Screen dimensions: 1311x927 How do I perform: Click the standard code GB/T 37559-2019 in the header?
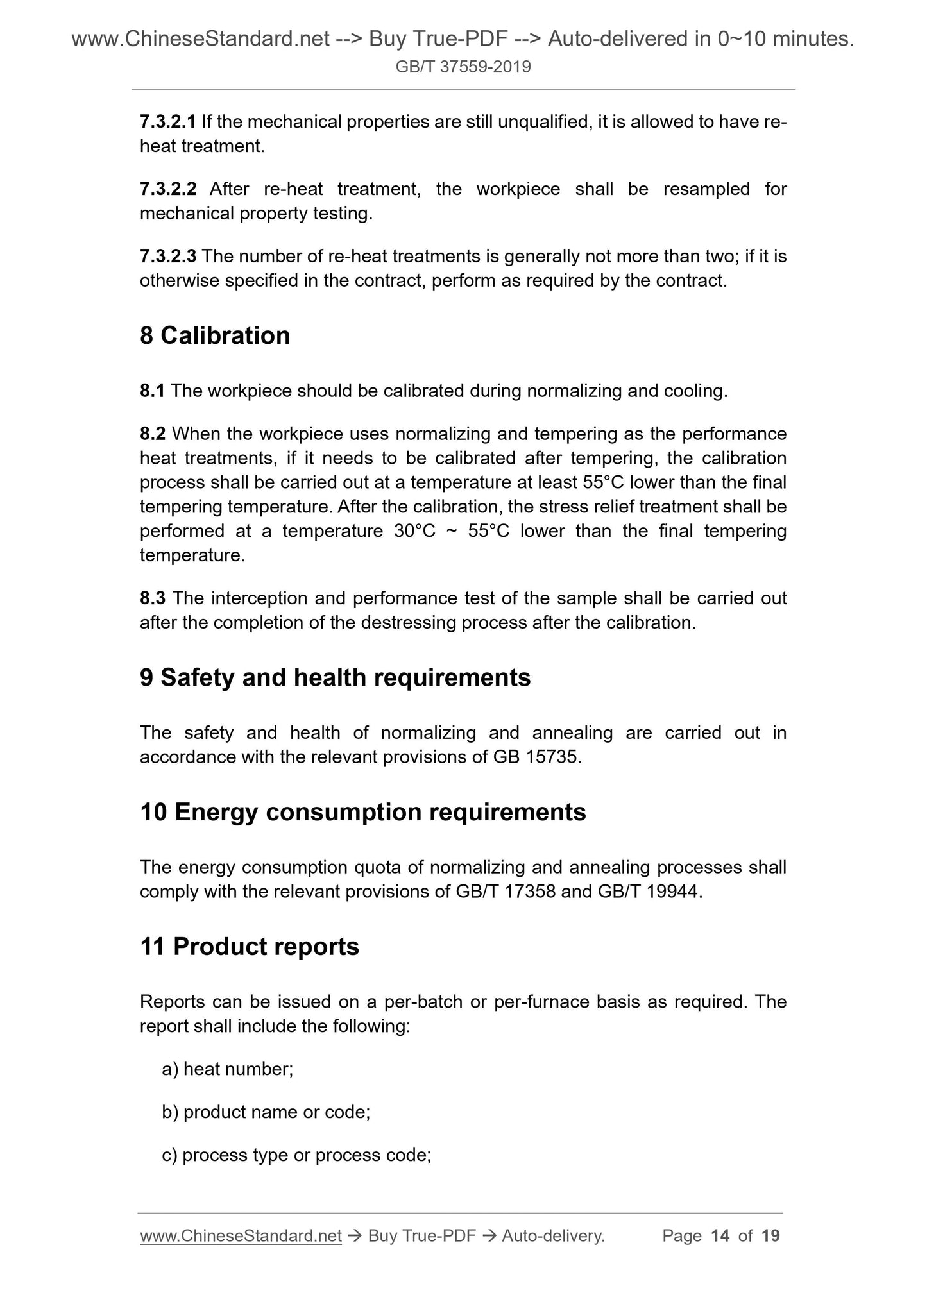[x=463, y=67]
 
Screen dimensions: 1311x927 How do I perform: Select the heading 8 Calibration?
[x=215, y=335]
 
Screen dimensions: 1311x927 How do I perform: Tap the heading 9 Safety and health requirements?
[x=335, y=677]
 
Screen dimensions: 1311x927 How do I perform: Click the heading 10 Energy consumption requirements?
[x=362, y=812]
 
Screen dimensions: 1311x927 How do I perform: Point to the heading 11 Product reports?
[x=249, y=947]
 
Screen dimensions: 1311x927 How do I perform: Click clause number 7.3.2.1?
[x=167, y=122]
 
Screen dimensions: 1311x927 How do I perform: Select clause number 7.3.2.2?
[x=167, y=189]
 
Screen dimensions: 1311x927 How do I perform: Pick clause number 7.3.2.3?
[x=167, y=257]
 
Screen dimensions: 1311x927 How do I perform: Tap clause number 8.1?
[x=153, y=391]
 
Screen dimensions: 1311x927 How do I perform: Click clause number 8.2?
[x=153, y=434]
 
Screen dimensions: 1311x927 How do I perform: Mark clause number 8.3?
[x=153, y=598]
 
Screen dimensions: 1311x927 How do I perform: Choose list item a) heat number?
[x=228, y=1069]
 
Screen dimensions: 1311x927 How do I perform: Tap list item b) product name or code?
[x=266, y=1112]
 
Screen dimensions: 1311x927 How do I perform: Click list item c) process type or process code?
[x=296, y=1155]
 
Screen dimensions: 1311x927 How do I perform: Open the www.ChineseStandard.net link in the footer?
[x=241, y=1236]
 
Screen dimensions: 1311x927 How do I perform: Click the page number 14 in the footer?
[x=720, y=1236]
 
